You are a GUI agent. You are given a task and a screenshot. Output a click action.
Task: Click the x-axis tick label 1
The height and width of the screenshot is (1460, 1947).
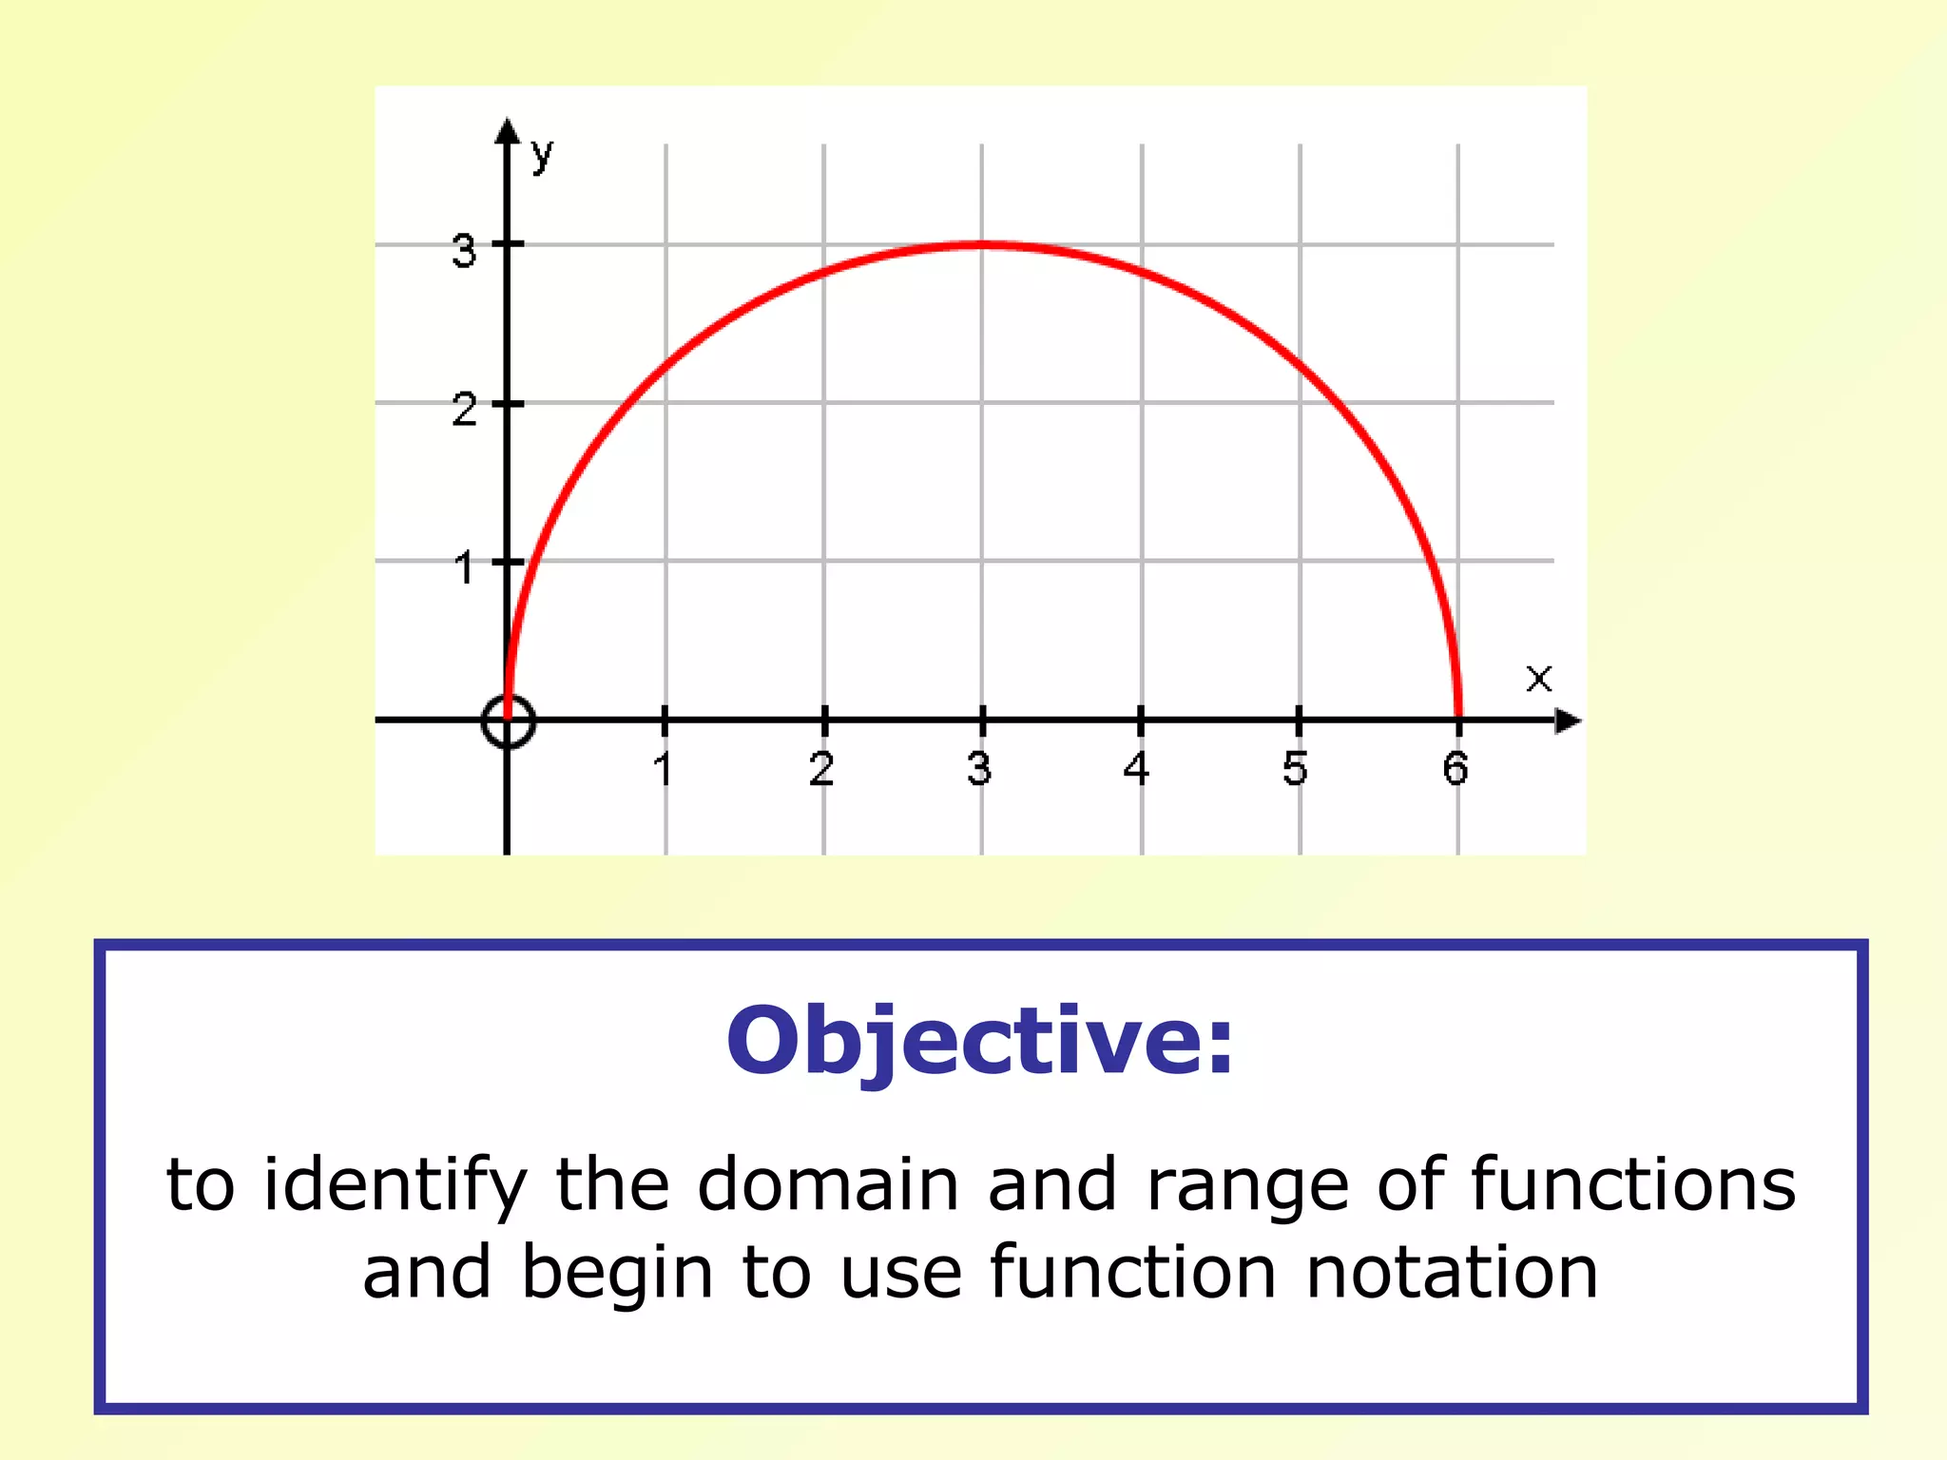coord(664,768)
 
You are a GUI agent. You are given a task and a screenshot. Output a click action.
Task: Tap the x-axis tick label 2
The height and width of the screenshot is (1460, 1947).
coord(822,768)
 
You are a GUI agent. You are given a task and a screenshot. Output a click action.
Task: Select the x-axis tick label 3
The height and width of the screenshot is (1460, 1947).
coord(980,768)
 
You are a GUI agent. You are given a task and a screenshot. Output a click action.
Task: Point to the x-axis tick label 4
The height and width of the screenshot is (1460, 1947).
coord(1137,768)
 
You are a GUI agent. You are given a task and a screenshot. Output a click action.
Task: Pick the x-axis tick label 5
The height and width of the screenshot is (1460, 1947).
coord(1295,768)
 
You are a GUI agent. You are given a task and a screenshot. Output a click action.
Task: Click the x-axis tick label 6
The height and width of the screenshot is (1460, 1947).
coord(1455,768)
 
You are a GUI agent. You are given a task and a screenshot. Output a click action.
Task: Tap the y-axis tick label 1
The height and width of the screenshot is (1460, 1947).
coord(464,568)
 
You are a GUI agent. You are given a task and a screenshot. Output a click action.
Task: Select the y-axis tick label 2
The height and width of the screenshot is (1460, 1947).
coord(464,411)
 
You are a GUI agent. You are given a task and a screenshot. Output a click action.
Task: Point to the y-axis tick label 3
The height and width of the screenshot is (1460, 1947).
coord(464,252)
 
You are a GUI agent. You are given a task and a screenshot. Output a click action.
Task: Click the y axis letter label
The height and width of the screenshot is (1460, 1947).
coord(542,153)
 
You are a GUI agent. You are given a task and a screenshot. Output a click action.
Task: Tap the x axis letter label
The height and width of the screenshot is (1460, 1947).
coord(1538,679)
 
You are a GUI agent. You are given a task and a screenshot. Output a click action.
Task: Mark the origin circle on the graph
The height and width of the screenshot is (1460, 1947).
coord(509,720)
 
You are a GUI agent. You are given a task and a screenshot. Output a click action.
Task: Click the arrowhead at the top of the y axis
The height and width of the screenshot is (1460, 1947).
coord(509,131)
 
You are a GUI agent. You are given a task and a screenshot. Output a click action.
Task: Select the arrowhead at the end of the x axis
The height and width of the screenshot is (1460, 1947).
coord(1568,721)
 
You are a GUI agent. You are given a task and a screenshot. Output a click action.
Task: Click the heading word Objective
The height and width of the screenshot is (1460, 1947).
coord(980,1042)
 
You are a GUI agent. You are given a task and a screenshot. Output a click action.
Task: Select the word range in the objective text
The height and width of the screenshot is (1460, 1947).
coord(1248,1186)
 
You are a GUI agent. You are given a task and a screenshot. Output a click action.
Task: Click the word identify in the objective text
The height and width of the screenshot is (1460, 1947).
coord(395,1186)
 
